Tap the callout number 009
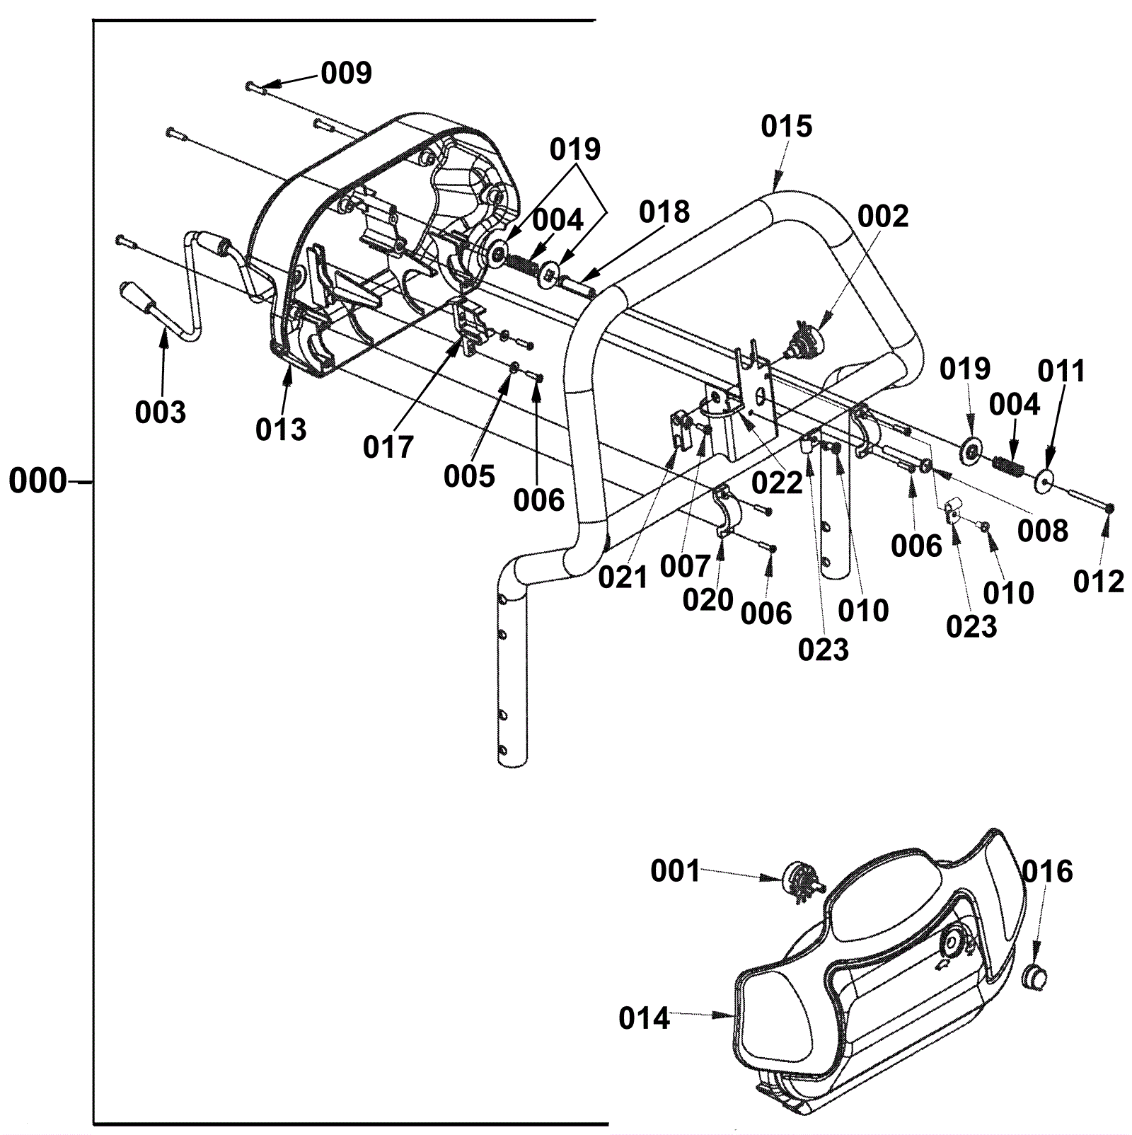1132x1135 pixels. [346, 73]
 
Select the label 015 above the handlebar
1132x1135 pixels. [787, 127]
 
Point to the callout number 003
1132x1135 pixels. [161, 412]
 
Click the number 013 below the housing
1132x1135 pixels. [281, 430]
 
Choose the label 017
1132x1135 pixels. [388, 447]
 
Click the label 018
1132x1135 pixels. [664, 212]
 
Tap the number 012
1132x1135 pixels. [1098, 582]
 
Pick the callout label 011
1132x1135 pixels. [1061, 371]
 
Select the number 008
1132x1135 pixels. [1042, 530]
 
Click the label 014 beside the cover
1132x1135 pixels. [644, 1019]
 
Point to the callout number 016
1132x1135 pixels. [1047, 872]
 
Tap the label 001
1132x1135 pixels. [675, 872]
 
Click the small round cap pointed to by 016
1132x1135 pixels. [1036, 980]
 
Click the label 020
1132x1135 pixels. [707, 600]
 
